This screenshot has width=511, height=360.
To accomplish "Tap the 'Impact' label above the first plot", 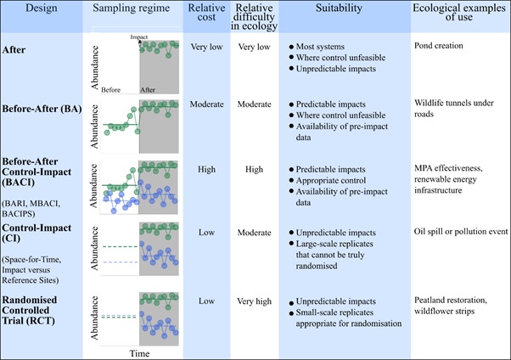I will pos(139,37).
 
